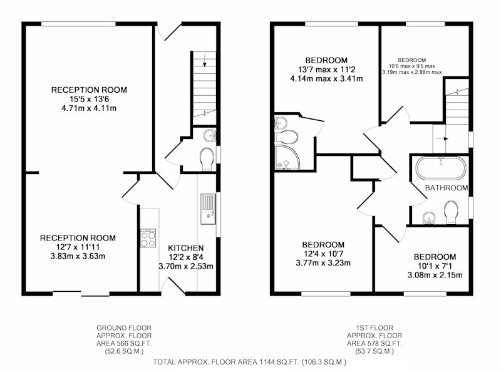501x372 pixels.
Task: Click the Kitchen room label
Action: coord(185,248)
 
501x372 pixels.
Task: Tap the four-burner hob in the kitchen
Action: coord(148,238)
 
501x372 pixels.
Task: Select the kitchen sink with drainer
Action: coord(208,209)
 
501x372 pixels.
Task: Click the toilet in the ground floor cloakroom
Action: coord(207,158)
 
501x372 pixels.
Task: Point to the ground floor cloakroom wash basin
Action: coord(210,135)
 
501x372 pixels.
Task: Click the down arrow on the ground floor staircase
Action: coord(205,61)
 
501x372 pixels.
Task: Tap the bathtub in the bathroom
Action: coord(441,168)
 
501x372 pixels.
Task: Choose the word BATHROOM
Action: coord(447,188)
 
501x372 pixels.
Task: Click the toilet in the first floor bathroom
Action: coord(451,212)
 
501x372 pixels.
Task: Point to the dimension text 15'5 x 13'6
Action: coord(89,99)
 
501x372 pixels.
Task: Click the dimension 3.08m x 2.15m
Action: coord(435,275)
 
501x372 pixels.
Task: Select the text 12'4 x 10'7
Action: coord(323,254)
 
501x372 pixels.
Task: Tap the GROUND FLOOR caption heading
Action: coord(124,328)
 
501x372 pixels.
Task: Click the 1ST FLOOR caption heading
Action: coord(374,328)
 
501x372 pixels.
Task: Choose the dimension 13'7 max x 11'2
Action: coord(326,70)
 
